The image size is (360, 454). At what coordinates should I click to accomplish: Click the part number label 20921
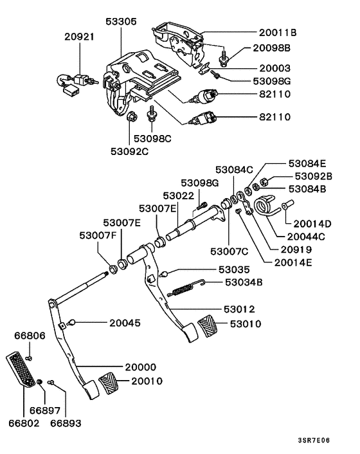(79, 37)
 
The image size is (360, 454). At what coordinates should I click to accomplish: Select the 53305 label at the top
(121, 21)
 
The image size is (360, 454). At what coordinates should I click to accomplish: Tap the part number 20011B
(278, 32)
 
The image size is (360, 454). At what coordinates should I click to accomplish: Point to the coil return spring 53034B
(186, 288)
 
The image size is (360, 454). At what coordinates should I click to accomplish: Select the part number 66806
(30, 335)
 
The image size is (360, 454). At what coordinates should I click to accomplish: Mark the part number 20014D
(312, 224)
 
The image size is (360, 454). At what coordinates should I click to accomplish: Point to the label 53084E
(307, 163)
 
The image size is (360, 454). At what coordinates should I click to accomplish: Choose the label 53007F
(98, 235)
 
